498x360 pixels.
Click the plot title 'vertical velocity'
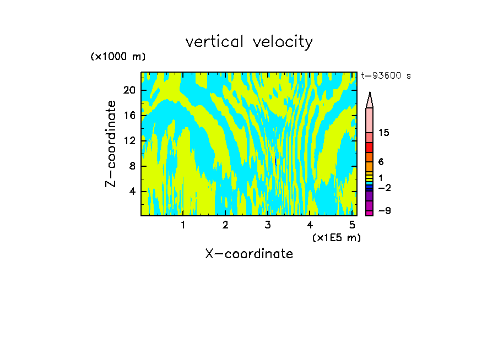coord(249,42)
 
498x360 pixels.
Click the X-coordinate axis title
coord(249,254)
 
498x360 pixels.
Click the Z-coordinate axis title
coord(111,144)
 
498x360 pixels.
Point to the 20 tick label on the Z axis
coord(129,90)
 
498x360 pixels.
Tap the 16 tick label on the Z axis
coord(129,116)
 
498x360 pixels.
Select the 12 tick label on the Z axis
coord(129,141)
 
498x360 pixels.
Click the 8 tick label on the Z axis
coord(132,166)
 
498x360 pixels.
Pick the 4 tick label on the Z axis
coord(132,192)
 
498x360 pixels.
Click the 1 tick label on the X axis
coord(183,225)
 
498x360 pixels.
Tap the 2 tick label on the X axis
coord(225,225)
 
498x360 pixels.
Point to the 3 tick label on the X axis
coord(268,225)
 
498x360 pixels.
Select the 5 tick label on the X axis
coord(353,225)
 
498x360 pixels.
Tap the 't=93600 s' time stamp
coord(386,76)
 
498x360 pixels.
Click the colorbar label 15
coord(384,133)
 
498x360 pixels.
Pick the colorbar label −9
coord(385,211)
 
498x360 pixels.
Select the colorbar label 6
coord(381,162)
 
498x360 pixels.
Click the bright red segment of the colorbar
coord(370,148)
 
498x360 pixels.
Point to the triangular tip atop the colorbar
coord(370,100)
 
